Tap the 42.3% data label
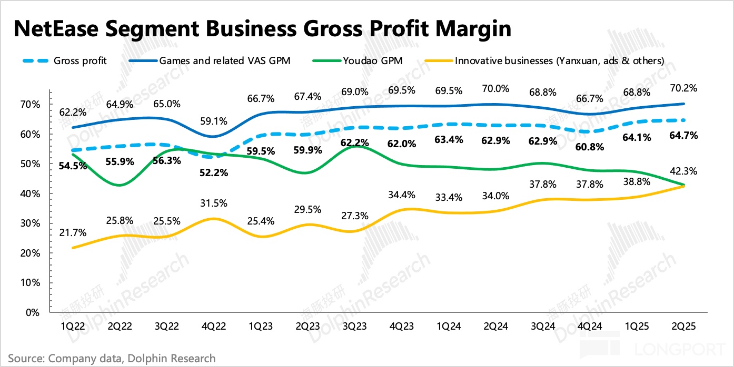tap(684, 171)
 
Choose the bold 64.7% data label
tap(684, 136)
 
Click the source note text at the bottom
tap(112, 359)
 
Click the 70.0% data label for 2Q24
tap(495, 89)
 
